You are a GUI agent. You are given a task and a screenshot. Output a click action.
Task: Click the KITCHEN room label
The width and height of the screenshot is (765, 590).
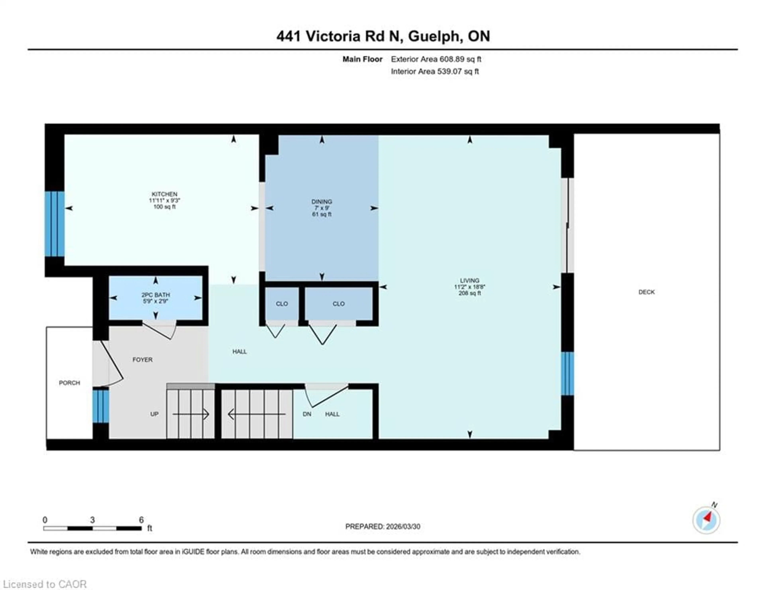click(164, 194)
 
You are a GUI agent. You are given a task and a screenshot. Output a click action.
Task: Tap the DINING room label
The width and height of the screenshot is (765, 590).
click(322, 202)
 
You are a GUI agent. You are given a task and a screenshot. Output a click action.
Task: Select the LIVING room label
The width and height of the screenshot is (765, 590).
click(469, 280)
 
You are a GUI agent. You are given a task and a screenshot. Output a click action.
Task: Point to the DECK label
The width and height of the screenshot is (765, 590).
click(646, 292)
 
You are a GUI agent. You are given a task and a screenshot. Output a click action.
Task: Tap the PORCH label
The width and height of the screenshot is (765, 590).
click(69, 383)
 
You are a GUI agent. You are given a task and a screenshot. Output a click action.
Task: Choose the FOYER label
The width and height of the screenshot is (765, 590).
click(142, 359)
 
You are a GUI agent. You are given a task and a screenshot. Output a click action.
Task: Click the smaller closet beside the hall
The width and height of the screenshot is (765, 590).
click(282, 304)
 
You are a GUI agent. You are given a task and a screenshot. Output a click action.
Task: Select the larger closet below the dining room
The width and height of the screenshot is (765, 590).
click(338, 304)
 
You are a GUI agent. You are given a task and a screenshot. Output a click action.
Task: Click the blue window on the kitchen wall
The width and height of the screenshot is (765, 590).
click(55, 224)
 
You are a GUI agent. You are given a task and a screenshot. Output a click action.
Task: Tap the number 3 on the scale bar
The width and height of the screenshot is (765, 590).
click(92, 520)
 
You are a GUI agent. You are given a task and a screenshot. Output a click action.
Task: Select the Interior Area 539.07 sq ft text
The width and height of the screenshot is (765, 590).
click(435, 71)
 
